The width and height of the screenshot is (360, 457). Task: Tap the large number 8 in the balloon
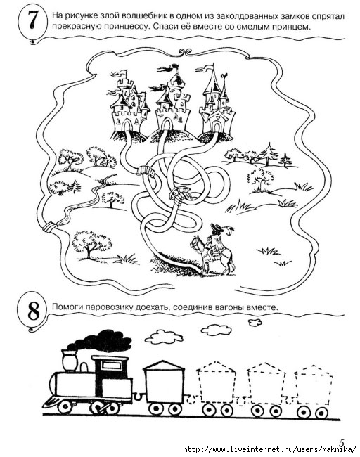34,310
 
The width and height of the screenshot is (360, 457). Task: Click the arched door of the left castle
127,126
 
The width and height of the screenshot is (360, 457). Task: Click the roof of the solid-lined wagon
164,365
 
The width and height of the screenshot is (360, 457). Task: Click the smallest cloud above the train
255,322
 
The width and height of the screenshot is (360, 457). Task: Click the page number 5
342,442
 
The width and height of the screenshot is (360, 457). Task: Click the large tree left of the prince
91,244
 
